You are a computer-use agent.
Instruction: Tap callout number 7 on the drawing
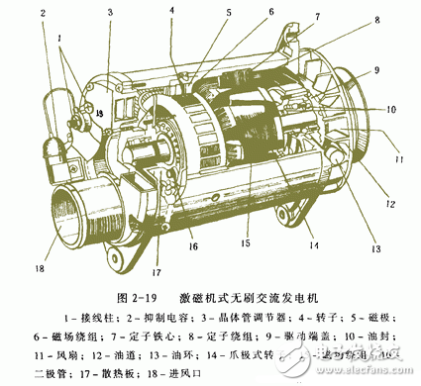tap(318, 16)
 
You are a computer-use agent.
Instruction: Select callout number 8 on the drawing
tap(376, 19)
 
